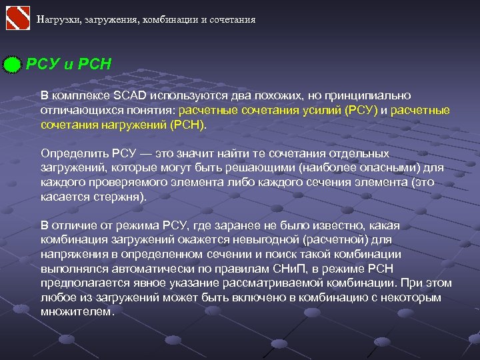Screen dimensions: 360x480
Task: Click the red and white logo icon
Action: click(x=18, y=18)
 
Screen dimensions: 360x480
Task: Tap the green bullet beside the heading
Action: click(x=13, y=65)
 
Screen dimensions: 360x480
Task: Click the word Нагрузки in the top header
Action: click(x=57, y=19)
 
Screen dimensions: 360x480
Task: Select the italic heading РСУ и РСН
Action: click(x=69, y=65)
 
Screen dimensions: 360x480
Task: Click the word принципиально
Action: click(x=370, y=95)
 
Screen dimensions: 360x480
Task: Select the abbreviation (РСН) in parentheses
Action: click(x=189, y=124)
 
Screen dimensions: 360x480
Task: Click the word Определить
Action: click(x=75, y=153)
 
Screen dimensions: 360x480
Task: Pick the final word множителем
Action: click(x=77, y=312)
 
